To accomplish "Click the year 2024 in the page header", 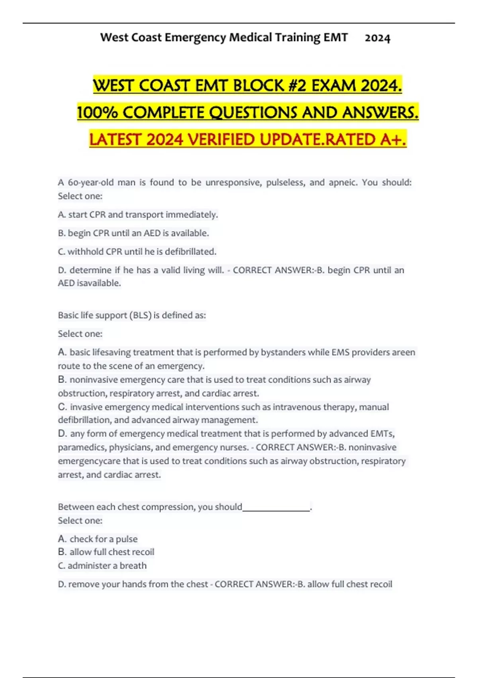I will pos(377,38).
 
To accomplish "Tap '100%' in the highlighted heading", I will pos(97,113).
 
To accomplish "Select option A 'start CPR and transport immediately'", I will pos(138,215).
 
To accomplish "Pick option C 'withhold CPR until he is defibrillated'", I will pos(137,252).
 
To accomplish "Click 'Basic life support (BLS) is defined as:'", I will pos(132,315).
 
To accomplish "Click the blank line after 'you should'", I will pos(276,508).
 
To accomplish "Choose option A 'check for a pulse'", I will pos(98,539).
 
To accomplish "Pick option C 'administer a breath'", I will pos(102,566).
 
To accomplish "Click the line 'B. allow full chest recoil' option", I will pos(106,552).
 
